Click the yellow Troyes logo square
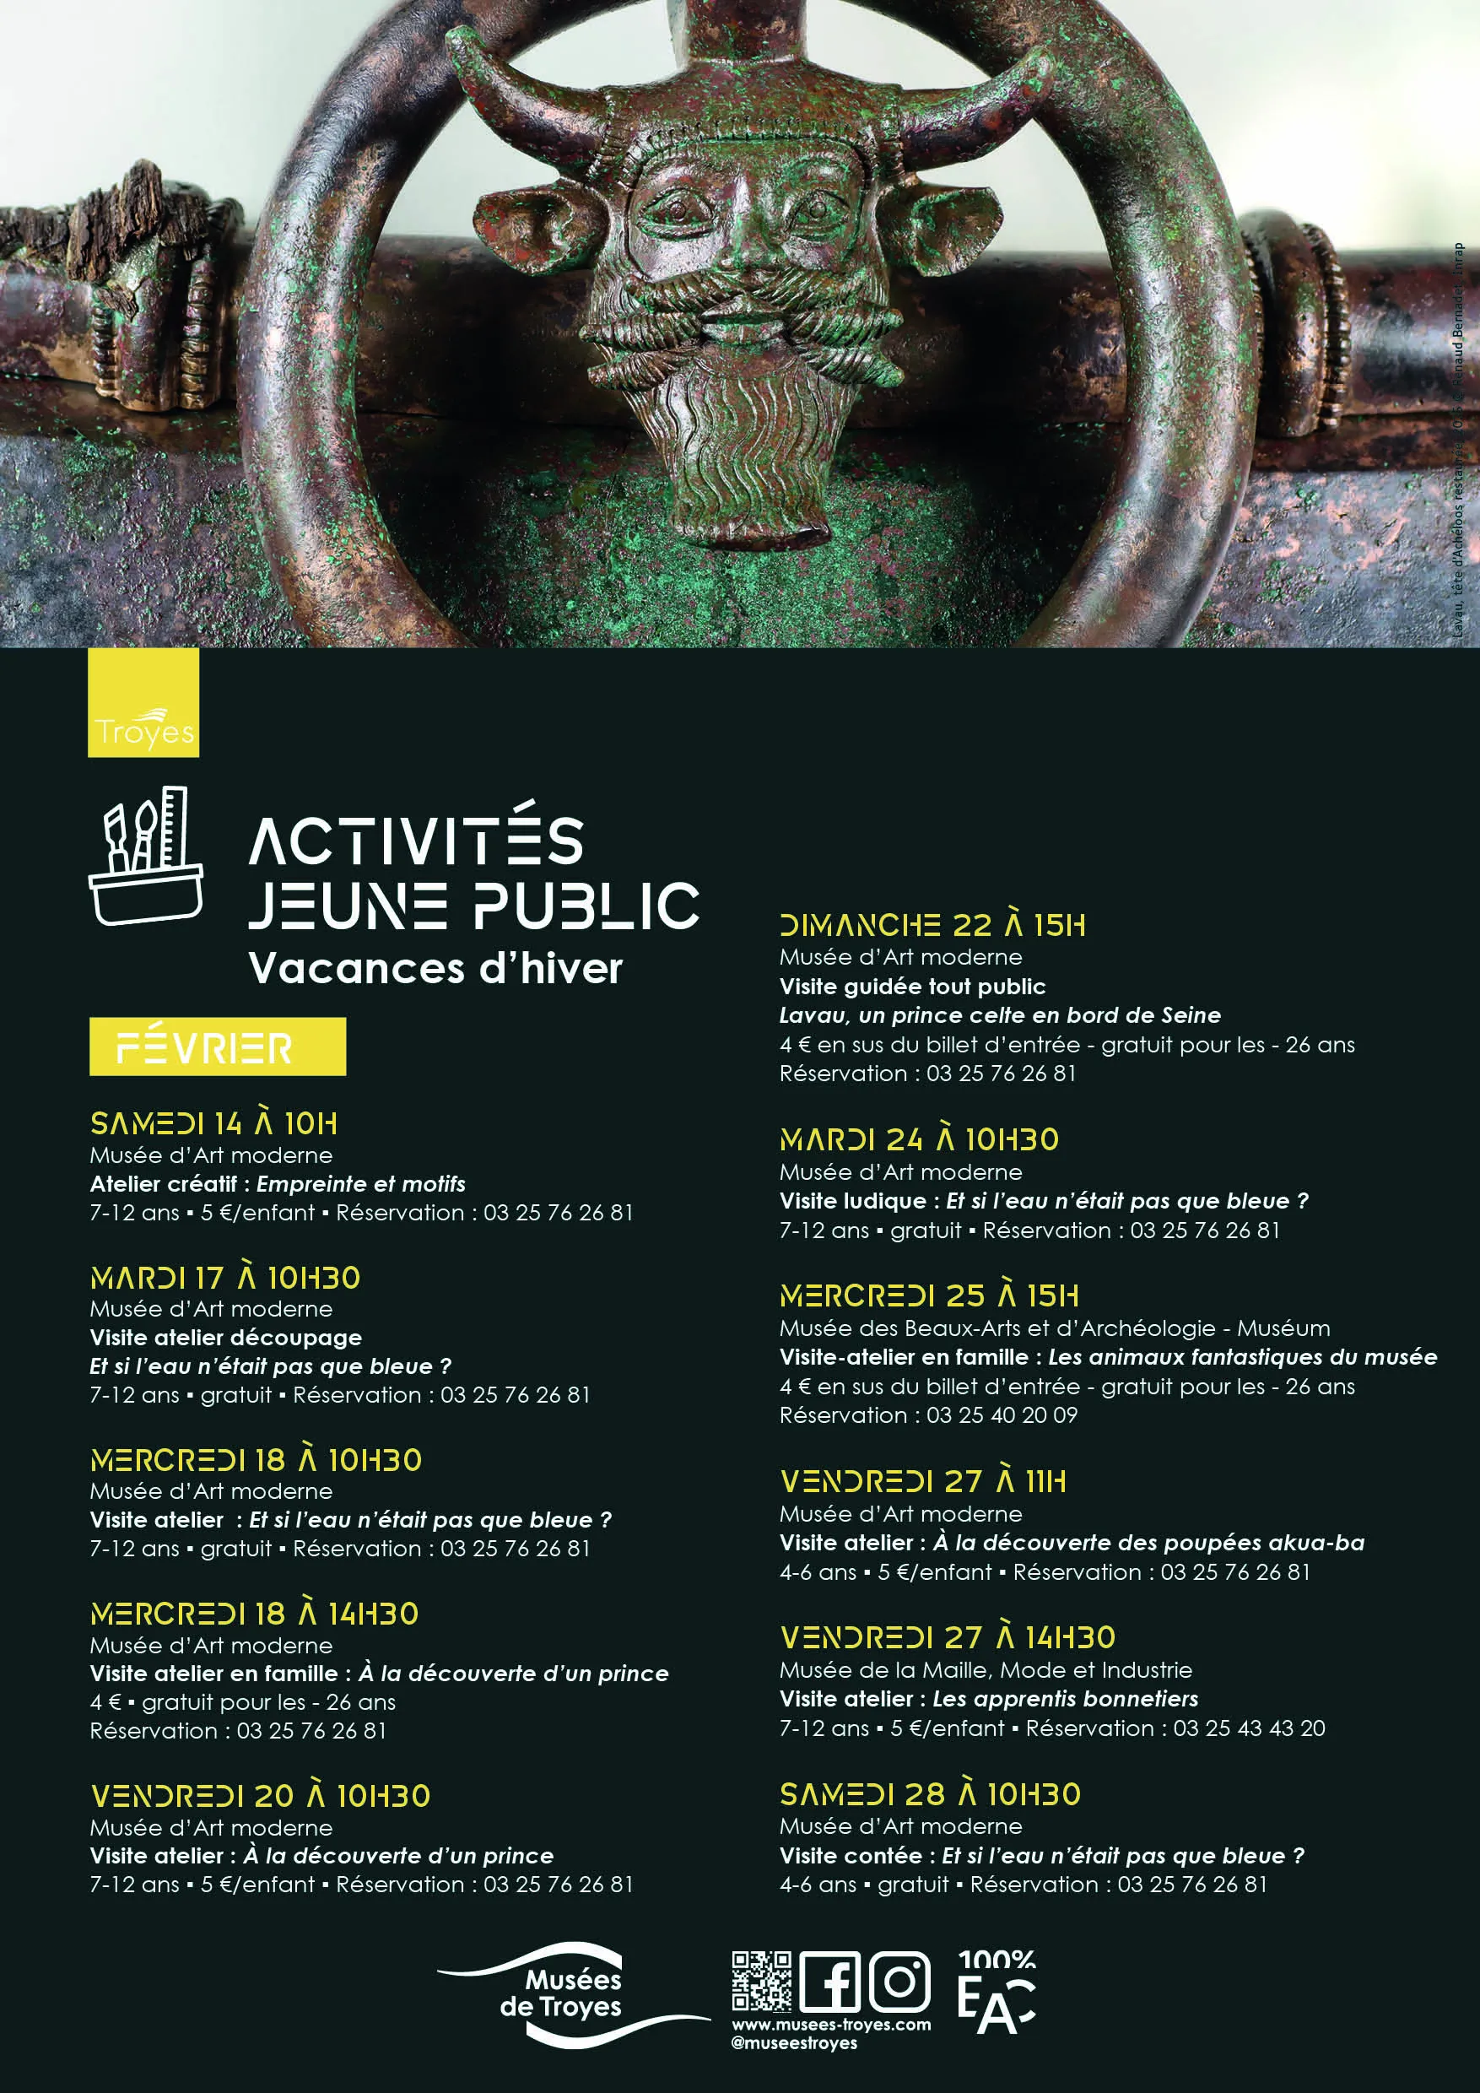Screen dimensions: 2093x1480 pyautogui.click(x=143, y=702)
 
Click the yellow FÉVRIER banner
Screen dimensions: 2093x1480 pyautogui.click(x=217, y=1046)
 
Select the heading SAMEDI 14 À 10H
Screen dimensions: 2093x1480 pyautogui.click(x=213, y=1123)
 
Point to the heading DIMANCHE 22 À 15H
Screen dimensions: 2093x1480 pyautogui.click(x=932, y=925)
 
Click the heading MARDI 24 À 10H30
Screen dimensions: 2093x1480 pyautogui.click(x=919, y=1139)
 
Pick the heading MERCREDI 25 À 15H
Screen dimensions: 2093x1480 pyautogui.click(x=929, y=1295)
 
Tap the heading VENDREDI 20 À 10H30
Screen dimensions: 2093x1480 pyautogui.click(x=260, y=1796)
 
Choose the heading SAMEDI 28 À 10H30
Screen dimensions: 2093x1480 pyautogui.click(x=930, y=1794)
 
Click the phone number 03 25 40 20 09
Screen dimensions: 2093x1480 pyautogui.click(x=1002, y=1414)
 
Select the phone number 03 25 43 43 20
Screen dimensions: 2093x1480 pyautogui.click(x=1249, y=1728)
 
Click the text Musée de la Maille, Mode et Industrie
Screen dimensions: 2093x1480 pyautogui.click(x=986, y=1670)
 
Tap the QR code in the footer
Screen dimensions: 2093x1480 pyautogui.click(x=761, y=1981)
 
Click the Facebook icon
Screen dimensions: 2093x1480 pyautogui.click(x=829, y=1982)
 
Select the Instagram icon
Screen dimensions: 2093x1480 pyautogui.click(x=899, y=1982)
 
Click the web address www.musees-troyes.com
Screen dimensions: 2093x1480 pyautogui.click(x=831, y=2025)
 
